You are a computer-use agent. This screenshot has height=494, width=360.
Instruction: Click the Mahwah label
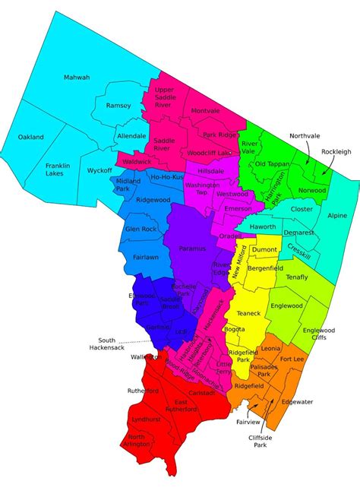coord(77,78)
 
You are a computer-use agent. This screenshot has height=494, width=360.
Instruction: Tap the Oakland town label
coord(31,137)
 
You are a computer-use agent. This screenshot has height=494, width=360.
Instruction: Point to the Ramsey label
coord(118,106)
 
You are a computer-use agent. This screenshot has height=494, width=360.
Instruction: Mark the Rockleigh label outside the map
coord(336,151)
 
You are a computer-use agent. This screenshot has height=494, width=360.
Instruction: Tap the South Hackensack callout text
coord(118,344)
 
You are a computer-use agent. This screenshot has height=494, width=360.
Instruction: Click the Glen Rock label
coord(141,229)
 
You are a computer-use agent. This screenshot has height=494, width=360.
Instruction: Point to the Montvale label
coord(205,111)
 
